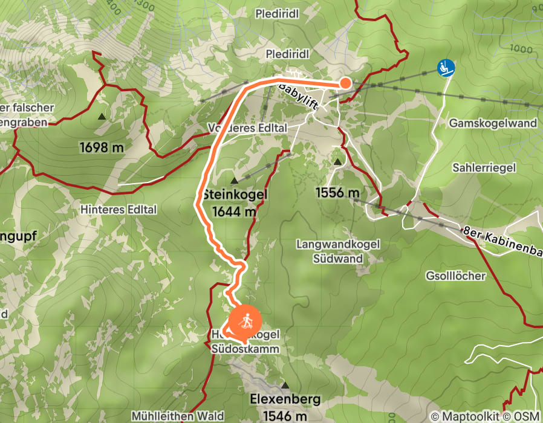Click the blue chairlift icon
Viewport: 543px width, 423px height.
click(446, 68)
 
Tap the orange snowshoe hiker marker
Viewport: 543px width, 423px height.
click(245, 321)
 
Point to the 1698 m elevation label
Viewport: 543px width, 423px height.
click(101, 147)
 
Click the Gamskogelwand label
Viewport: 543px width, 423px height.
click(493, 123)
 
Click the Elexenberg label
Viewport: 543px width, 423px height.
click(285, 400)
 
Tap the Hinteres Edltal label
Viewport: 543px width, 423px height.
click(119, 210)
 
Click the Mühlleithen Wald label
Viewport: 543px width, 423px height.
click(177, 416)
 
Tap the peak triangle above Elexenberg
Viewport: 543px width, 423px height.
click(285, 385)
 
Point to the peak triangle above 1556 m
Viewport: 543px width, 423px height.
click(337, 162)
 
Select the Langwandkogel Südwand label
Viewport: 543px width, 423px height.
click(338, 251)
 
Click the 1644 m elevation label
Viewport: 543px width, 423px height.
click(233, 211)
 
